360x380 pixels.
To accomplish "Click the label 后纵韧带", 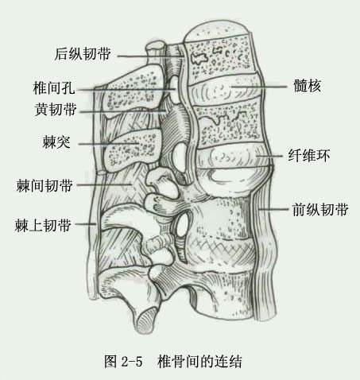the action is pyautogui.click(x=83, y=54).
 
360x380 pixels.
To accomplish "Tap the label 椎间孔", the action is pyautogui.click(x=54, y=88).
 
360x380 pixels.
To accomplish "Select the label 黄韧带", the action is pyautogui.click(x=56, y=109).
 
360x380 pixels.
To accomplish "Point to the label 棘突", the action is pyautogui.click(x=56, y=142).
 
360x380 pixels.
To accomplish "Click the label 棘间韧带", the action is pyautogui.click(x=45, y=185).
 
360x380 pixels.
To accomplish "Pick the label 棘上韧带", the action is pyautogui.click(x=43, y=226).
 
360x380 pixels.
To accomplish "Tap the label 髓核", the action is pyautogui.click(x=308, y=86).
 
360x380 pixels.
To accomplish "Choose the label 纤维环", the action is pyautogui.click(x=309, y=156).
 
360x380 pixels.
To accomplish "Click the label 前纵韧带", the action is pyautogui.click(x=320, y=210).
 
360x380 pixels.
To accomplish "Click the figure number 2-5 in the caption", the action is pyautogui.click(x=132, y=362).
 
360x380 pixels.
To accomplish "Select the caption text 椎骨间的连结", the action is pyautogui.click(x=199, y=361).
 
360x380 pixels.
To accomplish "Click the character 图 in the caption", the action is pyautogui.click(x=110, y=361).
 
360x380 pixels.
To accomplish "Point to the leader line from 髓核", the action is pyautogui.click(x=259, y=86).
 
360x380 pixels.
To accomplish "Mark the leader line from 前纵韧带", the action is pyautogui.click(x=273, y=209).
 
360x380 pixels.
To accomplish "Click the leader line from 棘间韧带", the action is pyautogui.click(x=104, y=184).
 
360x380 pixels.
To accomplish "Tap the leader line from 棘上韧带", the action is pyautogui.click(x=85, y=224).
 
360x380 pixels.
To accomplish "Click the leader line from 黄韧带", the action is pyautogui.click(x=122, y=111).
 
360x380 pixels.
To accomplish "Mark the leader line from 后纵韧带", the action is pyautogui.click(x=150, y=56).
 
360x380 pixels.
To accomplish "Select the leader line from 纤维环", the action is pyautogui.click(x=269, y=156).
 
